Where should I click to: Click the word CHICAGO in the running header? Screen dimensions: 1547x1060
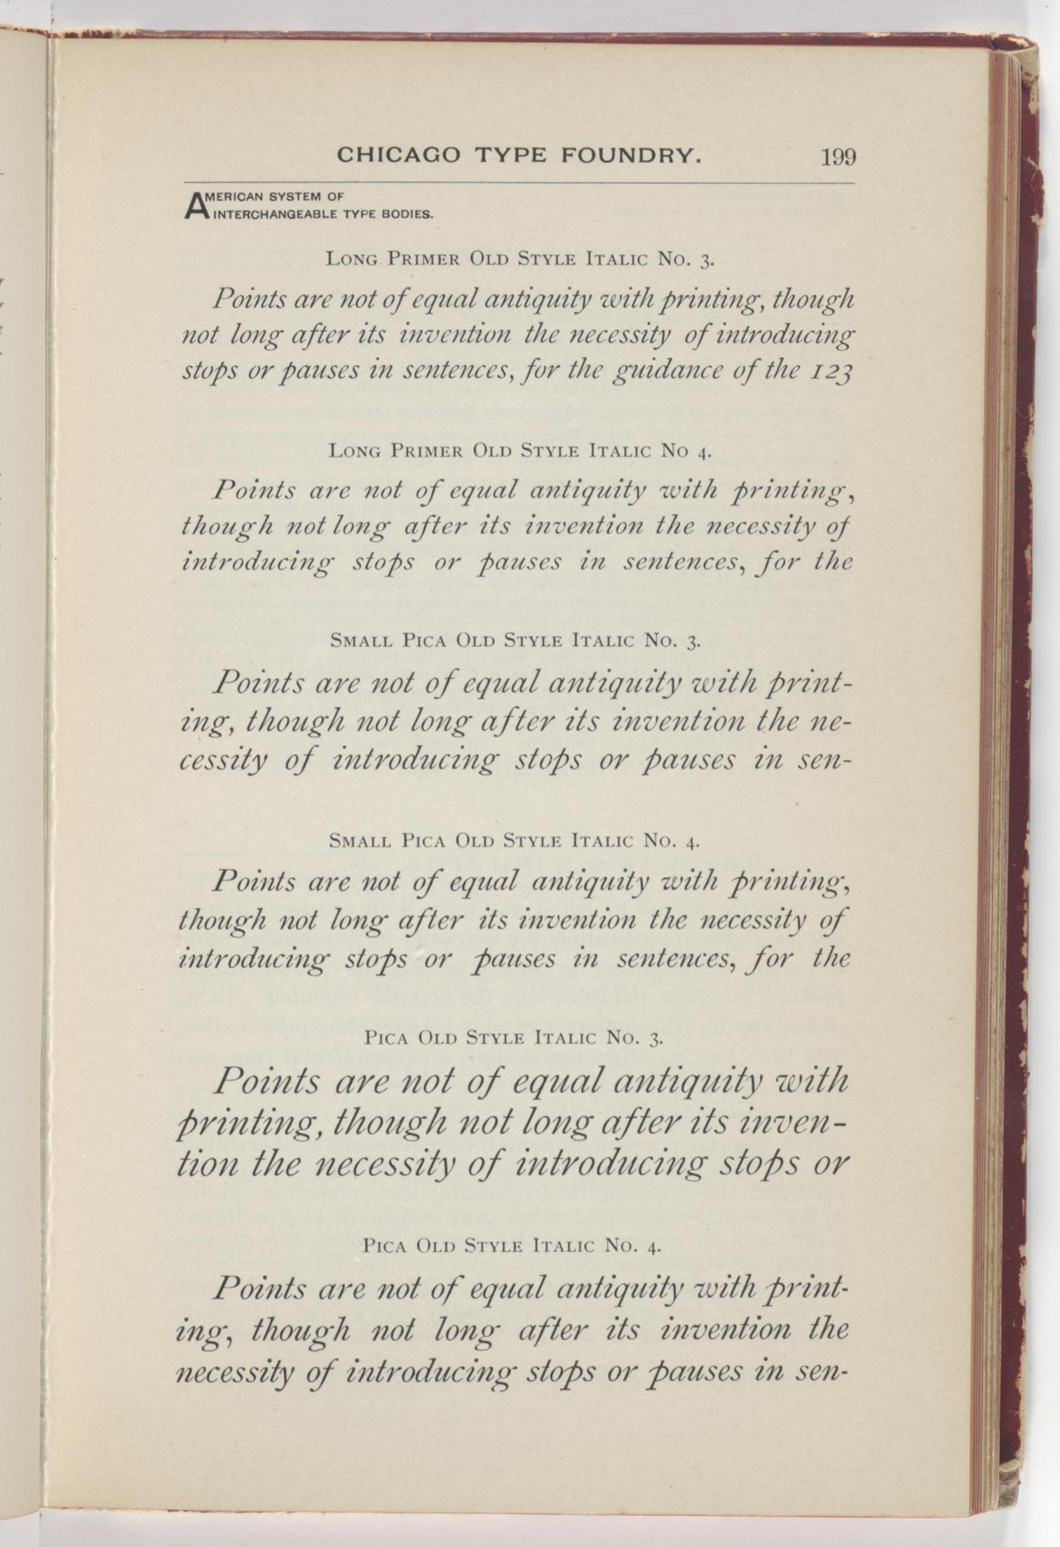coord(399,155)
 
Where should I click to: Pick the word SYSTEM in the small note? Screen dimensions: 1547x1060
coord(299,198)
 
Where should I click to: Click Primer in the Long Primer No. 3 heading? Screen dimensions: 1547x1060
coord(424,260)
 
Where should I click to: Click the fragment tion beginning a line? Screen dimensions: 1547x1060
coord(208,1164)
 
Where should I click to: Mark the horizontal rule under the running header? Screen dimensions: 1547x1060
coord(519,184)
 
